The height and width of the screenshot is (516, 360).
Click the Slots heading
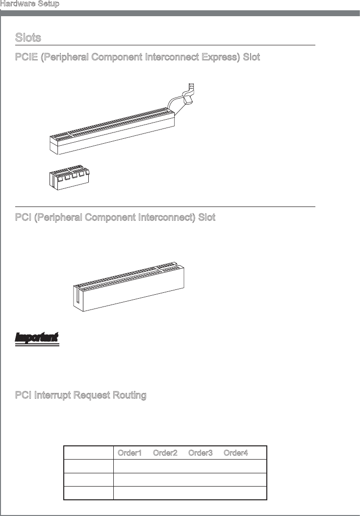pos(28,38)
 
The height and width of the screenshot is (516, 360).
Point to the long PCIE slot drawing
pos(112,130)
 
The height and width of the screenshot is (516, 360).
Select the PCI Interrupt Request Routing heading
pos(80,396)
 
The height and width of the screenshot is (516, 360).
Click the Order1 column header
pos(129,453)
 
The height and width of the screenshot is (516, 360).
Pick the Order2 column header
pos(165,453)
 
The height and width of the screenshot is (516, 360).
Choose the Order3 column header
pos(200,453)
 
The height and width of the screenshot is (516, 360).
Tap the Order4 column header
pos(235,453)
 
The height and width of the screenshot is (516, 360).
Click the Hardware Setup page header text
pos(30,4)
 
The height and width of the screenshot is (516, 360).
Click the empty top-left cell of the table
pos(88,453)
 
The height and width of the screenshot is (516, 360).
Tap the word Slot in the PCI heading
pos(206,217)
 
